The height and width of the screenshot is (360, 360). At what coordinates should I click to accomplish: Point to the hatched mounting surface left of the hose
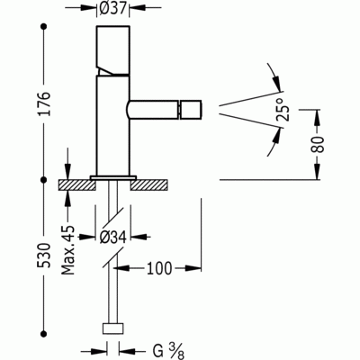(x=76, y=185)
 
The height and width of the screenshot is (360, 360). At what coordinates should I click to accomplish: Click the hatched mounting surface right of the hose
(x=149, y=185)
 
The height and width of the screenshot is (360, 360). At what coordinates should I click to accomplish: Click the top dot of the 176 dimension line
(x=43, y=28)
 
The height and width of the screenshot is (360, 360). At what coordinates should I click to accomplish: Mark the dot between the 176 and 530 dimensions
(x=43, y=181)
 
